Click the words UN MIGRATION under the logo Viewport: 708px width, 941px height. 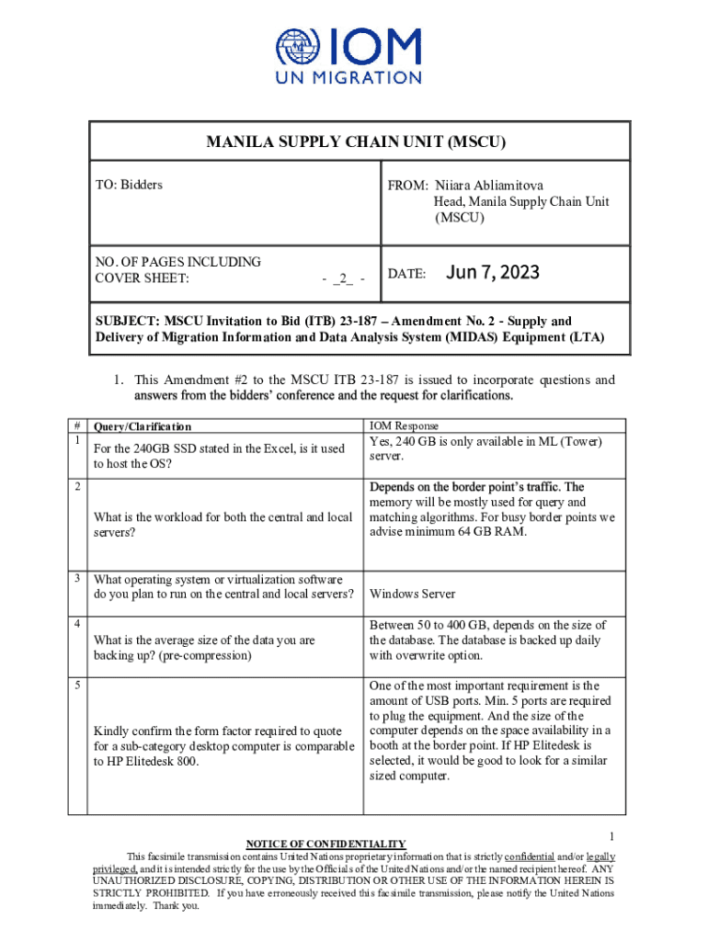(x=349, y=78)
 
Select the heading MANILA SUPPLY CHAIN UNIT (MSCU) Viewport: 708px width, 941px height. (x=356, y=142)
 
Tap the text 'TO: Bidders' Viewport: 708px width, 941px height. (x=129, y=185)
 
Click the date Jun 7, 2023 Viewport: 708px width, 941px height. (x=492, y=273)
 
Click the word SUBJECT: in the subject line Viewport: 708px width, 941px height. (x=128, y=322)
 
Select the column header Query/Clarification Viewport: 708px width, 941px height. (x=143, y=426)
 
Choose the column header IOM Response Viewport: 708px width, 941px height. (x=404, y=426)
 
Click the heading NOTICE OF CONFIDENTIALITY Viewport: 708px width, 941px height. (x=325, y=844)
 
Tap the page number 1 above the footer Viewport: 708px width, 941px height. (x=611, y=835)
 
